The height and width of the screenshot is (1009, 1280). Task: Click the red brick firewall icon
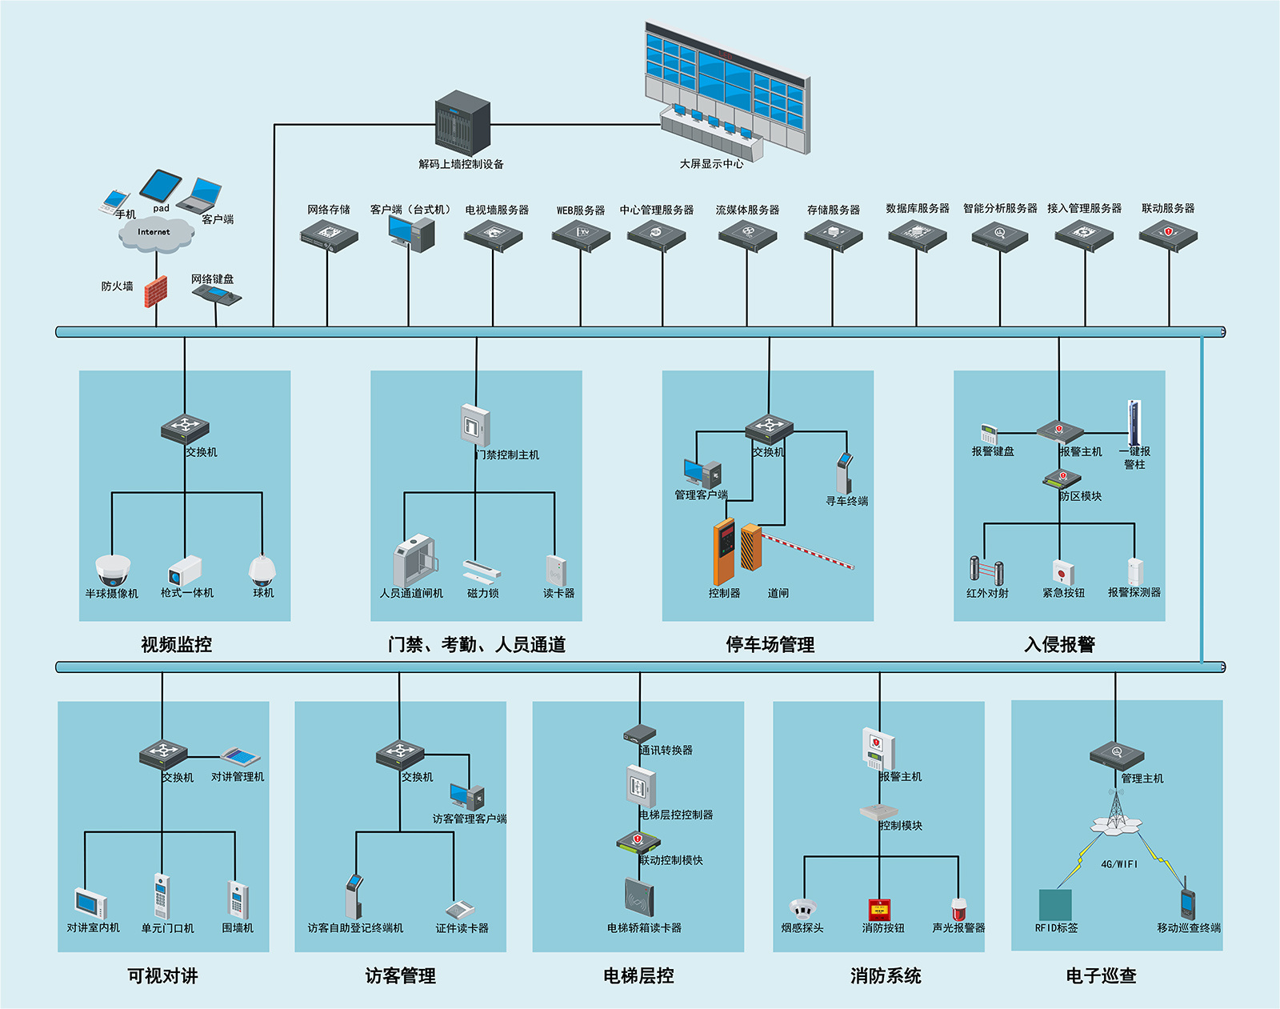(x=156, y=291)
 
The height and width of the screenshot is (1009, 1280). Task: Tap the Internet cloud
(x=155, y=233)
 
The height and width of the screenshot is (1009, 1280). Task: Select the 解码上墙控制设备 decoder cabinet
(x=462, y=124)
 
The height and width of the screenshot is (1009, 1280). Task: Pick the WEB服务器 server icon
(x=581, y=236)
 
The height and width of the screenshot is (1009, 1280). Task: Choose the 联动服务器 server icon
(x=1168, y=236)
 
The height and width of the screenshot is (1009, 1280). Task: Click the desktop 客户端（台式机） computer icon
(x=410, y=234)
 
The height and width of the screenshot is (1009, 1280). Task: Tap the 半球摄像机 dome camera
(x=113, y=570)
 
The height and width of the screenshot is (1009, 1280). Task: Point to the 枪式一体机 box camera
(x=185, y=571)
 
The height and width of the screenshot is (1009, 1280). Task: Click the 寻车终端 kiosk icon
(x=844, y=473)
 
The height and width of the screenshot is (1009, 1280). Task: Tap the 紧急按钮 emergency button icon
(x=1063, y=572)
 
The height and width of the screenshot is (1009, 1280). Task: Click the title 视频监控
(x=176, y=645)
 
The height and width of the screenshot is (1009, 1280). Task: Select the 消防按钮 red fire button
(x=880, y=910)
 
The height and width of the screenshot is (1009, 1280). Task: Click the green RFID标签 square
(x=1055, y=905)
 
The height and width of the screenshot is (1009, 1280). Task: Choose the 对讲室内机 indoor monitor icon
(x=91, y=903)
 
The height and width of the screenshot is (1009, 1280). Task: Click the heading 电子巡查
(x=1101, y=976)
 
